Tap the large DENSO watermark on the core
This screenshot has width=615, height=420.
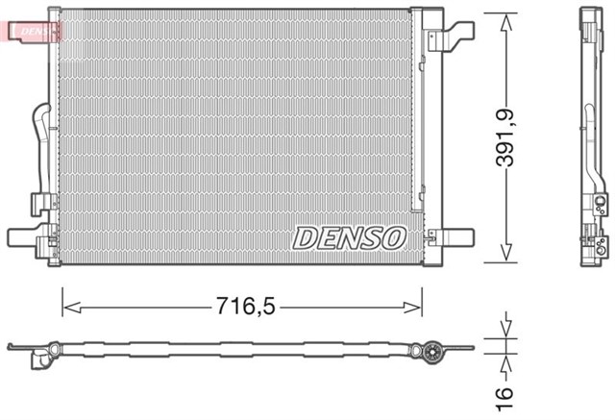coord(350,236)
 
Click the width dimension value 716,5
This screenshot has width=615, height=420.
coord(243,308)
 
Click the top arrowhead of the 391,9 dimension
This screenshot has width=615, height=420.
coord(504,17)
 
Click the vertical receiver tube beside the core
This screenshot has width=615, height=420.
coord(418,115)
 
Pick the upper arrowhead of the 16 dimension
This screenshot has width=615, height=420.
coord(504,337)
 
